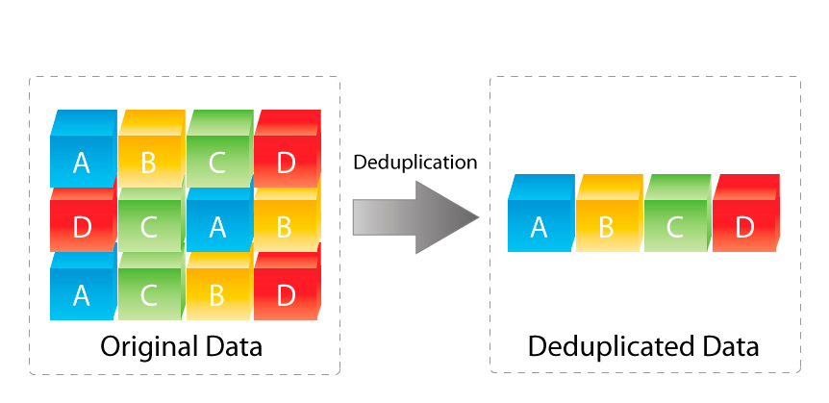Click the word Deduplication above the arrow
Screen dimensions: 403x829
[414, 163]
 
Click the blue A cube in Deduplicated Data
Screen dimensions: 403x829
[540, 220]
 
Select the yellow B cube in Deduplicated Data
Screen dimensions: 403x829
[607, 220]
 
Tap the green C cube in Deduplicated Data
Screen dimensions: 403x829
[675, 220]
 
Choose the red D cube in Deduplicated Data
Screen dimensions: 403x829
[744, 220]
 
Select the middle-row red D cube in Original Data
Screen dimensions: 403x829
[82, 223]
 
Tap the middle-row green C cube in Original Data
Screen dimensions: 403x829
[149, 223]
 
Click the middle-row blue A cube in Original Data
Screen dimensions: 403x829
[217, 223]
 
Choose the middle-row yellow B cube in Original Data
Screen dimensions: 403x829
[286, 223]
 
